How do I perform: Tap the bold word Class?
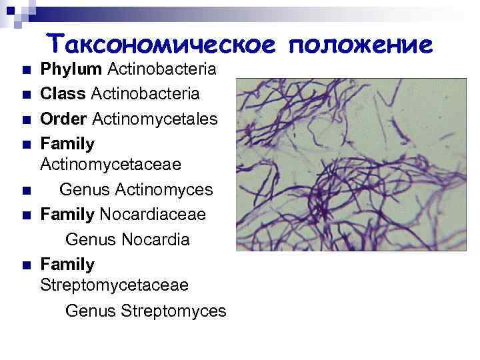[62, 93]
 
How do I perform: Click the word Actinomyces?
[164, 190]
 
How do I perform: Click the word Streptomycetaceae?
[115, 285]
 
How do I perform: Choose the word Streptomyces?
[174, 311]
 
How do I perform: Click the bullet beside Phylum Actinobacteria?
[25, 70]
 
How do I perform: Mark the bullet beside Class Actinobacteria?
[25, 95]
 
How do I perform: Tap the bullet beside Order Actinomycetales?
[25, 120]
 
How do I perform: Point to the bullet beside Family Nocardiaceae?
[25, 216]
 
